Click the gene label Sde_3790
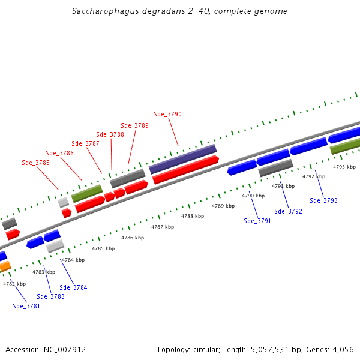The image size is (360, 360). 167,114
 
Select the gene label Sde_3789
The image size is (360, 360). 134,125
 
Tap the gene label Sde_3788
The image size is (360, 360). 110,134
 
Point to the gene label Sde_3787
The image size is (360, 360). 85,143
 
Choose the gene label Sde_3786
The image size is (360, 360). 59,154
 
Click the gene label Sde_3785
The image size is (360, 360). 35,163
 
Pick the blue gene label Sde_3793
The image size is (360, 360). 323,200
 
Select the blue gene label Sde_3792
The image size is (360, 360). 288,211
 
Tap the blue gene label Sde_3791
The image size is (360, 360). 257,221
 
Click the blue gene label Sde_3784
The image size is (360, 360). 73,287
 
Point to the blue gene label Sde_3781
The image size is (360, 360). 26,306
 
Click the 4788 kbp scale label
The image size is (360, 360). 192,216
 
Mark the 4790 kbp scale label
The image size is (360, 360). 253,196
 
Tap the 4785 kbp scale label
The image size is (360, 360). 103,248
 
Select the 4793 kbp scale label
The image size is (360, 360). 344,167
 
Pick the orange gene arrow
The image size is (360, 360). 5,266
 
